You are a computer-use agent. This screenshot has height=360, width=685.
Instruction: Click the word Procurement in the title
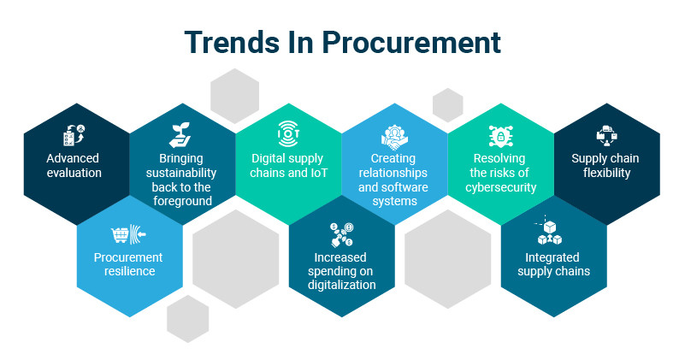click(410, 43)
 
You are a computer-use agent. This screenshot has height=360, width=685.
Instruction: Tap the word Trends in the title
click(233, 43)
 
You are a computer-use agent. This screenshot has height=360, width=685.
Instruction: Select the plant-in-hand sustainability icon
click(180, 135)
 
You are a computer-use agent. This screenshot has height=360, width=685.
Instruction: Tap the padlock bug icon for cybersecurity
click(500, 136)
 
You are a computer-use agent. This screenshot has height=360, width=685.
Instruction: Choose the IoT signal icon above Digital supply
click(288, 133)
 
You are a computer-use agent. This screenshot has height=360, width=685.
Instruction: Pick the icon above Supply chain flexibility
click(607, 136)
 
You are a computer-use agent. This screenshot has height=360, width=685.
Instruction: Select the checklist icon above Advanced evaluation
click(74, 135)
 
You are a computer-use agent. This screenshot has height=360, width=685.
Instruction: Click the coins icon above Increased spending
click(341, 234)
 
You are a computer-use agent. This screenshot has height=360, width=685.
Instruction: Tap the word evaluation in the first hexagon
click(74, 173)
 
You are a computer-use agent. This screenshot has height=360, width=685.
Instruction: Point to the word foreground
click(183, 202)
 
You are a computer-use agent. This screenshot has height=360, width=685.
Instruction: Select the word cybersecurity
click(500, 187)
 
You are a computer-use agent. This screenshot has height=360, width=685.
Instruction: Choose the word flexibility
click(607, 173)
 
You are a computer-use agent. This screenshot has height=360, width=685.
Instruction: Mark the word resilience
click(130, 271)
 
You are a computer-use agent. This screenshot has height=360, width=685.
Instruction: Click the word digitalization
click(341, 285)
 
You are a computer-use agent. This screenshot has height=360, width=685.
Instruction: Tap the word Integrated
click(552, 257)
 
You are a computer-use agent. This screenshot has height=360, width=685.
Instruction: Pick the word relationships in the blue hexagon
click(393, 173)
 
